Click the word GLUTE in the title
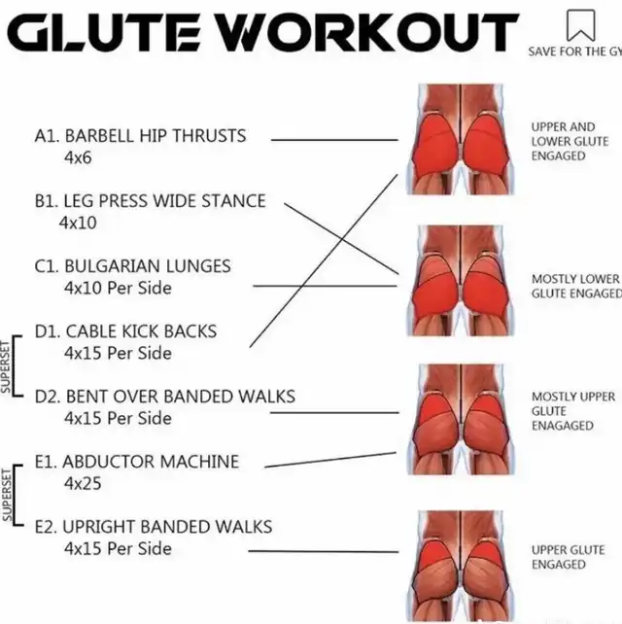click(x=104, y=33)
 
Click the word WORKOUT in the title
click(x=369, y=33)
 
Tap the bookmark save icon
click(x=580, y=25)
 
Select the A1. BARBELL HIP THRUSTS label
click(x=141, y=136)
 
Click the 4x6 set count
click(x=78, y=157)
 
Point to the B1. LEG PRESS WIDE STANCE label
click(x=150, y=201)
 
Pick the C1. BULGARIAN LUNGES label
click(x=132, y=266)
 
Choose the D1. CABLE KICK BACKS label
click(x=125, y=331)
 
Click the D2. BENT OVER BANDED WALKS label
click(x=165, y=397)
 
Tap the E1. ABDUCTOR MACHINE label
click(x=137, y=462)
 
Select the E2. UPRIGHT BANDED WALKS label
click(x=154, y=527)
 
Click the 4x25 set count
click(x=83, y=483)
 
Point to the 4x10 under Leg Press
click(x=78, y=223)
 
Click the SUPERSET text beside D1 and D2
click(x=6, y=367)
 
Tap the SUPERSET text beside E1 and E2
click(x=6, y=495)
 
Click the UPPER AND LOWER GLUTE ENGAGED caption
click(x=570, y=142)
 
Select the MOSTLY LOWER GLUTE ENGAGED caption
click(x=576, y=286)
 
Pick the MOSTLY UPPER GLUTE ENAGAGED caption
click(x=573, y=411)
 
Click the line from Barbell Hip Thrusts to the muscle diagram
click(x=334, y=140)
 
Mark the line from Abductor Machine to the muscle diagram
click(x=330, y=460)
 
